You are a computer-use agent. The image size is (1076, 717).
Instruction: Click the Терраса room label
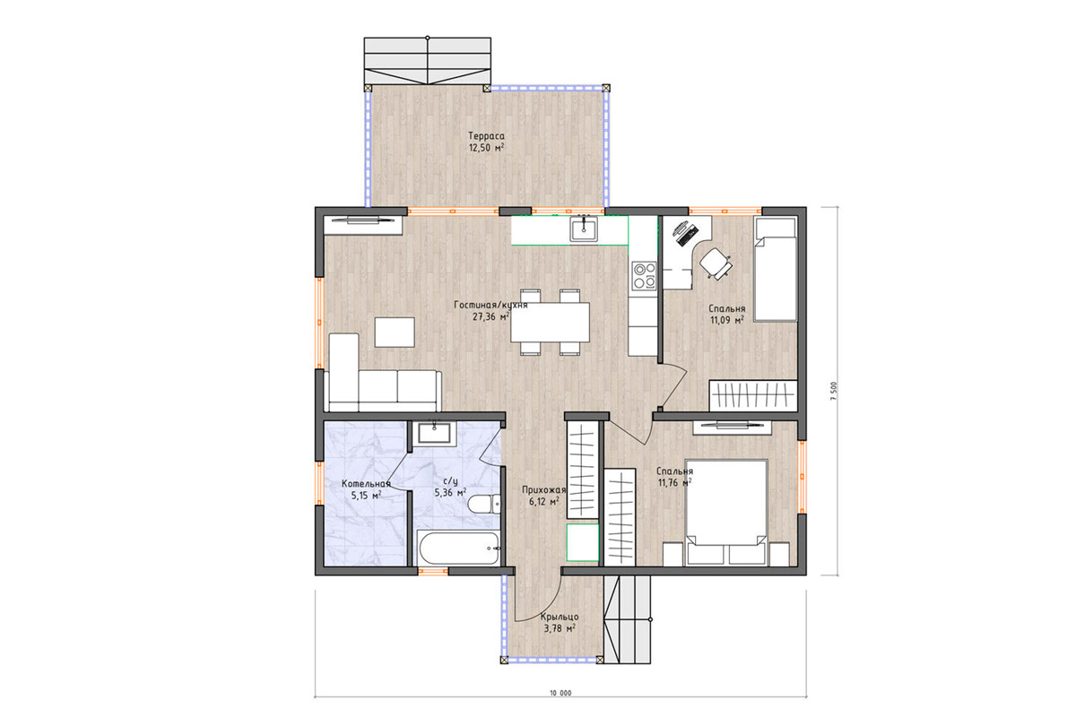(486, 136)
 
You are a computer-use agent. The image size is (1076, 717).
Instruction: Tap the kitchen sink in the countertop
(584, 229)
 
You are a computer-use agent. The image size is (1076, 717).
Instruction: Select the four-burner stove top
(644, 276)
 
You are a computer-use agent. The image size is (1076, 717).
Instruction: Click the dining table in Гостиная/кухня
(550, 322)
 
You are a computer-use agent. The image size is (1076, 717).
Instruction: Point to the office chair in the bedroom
(716, 263)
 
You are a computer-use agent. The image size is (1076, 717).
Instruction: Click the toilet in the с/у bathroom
(484, 505)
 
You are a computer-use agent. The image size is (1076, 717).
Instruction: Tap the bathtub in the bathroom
(458, 548)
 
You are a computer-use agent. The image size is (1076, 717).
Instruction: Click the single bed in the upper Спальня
(775, 269)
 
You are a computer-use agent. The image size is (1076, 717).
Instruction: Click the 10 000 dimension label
(560, 693)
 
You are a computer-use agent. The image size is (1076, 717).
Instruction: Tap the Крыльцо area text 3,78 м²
(560, 628)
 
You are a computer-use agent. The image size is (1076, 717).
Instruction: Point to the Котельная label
(366, 484)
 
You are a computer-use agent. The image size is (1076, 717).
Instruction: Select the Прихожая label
(543, 490)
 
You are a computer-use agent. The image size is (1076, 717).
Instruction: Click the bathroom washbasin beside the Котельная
(434, 433)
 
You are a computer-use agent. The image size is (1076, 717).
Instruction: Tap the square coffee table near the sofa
(395, 332)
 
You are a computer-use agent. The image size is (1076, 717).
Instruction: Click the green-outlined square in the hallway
(583, 542)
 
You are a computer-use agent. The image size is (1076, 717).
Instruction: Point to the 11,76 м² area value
(675, 483)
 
